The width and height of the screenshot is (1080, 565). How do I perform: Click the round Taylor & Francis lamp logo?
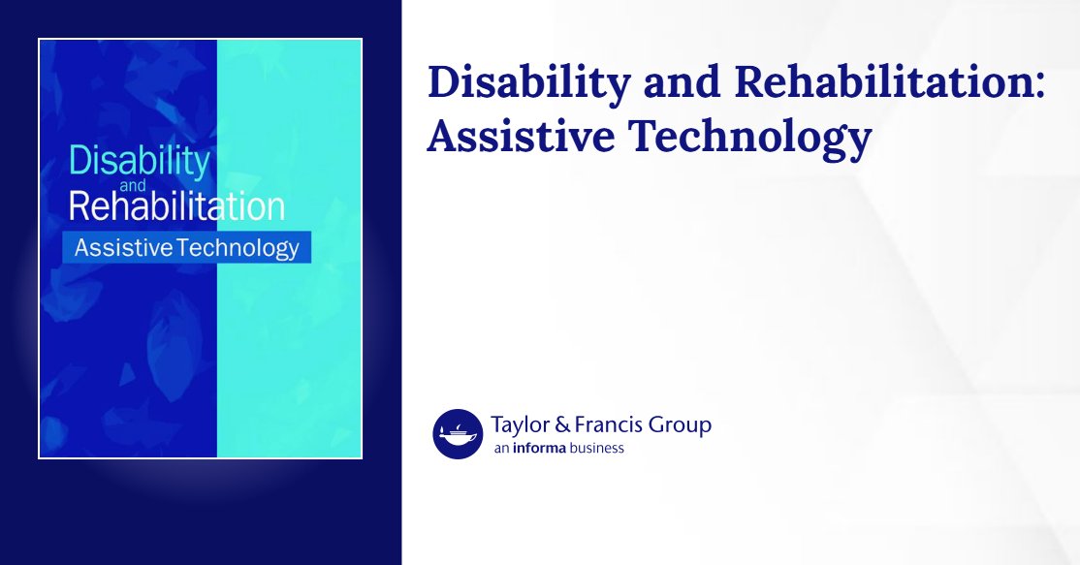pos(458,434)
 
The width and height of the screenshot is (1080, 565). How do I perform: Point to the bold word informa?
pos(542,448)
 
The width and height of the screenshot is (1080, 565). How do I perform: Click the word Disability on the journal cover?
pos(139,162)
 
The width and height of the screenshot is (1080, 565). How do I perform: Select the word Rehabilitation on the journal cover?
pos(176,206)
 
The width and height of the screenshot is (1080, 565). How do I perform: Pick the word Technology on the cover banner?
pos(238,249)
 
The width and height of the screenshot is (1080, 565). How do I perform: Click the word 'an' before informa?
pos(501,448)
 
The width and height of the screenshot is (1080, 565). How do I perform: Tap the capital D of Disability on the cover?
pos(79,160)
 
